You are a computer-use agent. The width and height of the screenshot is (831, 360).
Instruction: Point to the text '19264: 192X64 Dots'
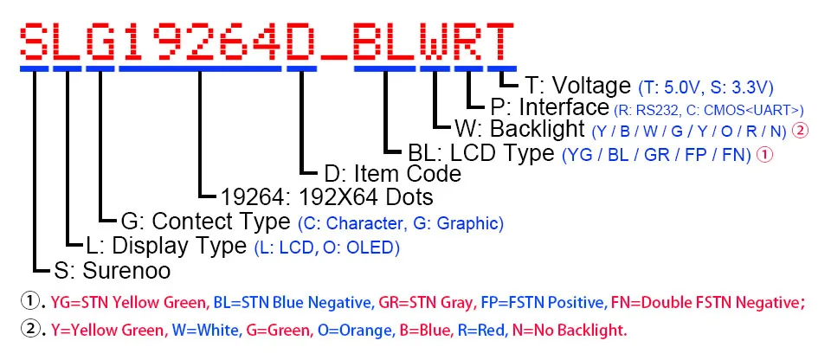click(x=314, y=197)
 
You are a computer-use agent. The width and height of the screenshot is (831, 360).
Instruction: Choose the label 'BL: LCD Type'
click(x=480, y=152)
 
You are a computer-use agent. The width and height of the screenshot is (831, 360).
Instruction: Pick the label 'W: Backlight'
click(x=519, y=130)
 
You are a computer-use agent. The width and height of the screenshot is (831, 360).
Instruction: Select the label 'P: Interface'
click(x=550, y=107)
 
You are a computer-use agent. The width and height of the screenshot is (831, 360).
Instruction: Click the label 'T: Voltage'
click(x=577, y=86)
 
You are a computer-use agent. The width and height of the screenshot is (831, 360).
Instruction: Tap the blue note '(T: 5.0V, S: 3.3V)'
click(x=705, y=87)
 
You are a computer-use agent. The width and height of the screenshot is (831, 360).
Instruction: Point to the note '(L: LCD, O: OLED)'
click(x=326, y=247)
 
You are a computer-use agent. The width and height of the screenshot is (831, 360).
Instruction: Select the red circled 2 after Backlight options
click(x=801, y=132)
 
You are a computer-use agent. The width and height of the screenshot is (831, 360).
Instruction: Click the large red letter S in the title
click(x=35, y=38)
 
